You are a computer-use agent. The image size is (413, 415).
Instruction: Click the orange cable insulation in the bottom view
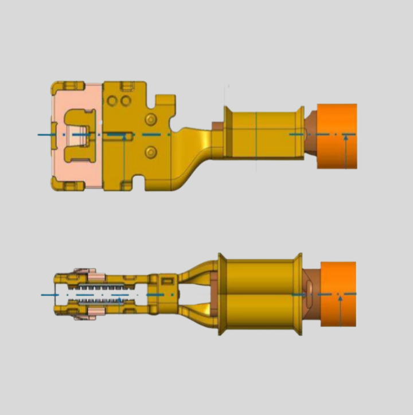(x=338, y=293)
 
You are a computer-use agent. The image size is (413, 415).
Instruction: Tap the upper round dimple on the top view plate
(x=151, y=119)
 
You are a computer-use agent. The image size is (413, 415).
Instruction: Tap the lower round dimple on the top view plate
(x=151, y=151)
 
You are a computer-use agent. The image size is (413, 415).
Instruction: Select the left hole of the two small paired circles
(x=112, y=101)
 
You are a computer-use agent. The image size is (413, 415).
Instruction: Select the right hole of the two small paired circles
(x=124, y=101)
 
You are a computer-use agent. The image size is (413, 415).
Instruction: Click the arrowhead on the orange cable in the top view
(x=346, y=138)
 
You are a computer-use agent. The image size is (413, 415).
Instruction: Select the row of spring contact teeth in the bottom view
(x=100, y=294)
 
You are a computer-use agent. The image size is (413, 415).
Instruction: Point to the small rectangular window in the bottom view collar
(x=167, y=281)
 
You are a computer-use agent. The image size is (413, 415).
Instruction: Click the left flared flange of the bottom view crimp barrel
(x=222, y=294)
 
